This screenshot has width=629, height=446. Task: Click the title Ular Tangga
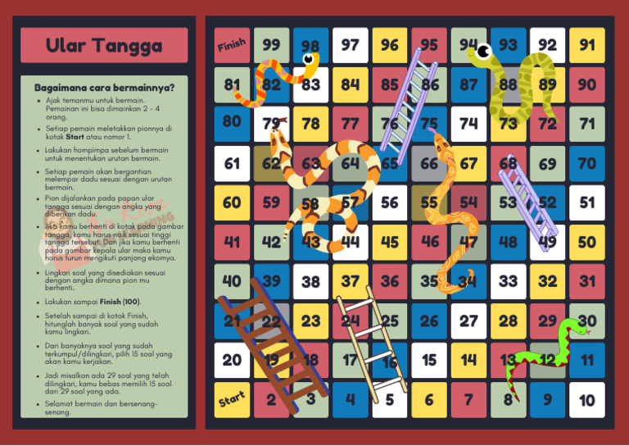click(x=104, y=46)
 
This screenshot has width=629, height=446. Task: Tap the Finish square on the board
click(x=232, y=45)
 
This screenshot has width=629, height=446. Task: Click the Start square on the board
click(x=232, y=399)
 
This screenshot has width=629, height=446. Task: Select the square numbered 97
click(x=351, y=45)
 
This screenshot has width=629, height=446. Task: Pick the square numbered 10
click(x=587, y=399)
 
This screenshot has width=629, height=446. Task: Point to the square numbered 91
click(x=587, y=45)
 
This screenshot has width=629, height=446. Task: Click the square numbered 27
click(x=468, y=321)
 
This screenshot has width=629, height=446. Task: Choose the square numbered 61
click(x=232, y=163)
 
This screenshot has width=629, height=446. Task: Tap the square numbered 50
click(x=587, y=242)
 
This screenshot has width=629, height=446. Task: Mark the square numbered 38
click(x=310, y=281)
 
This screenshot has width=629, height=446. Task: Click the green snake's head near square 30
click(x=577, y=330)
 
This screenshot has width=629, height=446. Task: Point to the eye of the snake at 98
click(x=310, y=59)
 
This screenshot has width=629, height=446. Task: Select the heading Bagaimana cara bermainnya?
click(x=104, y=87)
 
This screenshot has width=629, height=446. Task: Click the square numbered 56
click(x=390, y=203)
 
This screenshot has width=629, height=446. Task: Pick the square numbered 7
click(x=468, y=399)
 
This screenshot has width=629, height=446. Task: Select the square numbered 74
click(x=468, y=124)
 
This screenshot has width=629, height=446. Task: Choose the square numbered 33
click(x=508, y=281)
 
